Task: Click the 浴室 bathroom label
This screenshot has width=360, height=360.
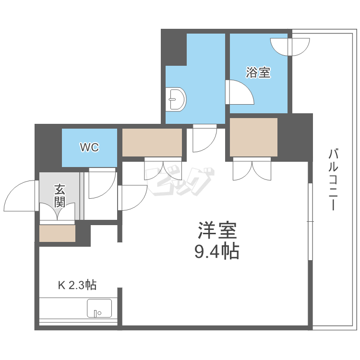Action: click(258, 72)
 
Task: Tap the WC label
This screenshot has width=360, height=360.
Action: click(90, 147)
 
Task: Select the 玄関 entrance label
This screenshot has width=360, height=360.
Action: click(60, 196)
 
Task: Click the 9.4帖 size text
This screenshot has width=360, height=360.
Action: click(217, 252)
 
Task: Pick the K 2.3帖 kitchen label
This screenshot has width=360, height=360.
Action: click(77, 285)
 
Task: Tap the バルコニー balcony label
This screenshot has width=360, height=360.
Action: click(334, 180)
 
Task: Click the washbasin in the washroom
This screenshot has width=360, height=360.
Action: click(176, 100)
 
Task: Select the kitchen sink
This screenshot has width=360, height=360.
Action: click(99, 308)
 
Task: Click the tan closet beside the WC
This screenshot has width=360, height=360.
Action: click(152, 143)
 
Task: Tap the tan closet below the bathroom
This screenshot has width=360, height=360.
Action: click(254, 137)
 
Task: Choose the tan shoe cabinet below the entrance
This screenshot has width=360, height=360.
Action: click(58, 233)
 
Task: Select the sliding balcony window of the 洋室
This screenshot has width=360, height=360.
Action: click(310, 221)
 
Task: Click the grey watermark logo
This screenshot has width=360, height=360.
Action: click(180, 182)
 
